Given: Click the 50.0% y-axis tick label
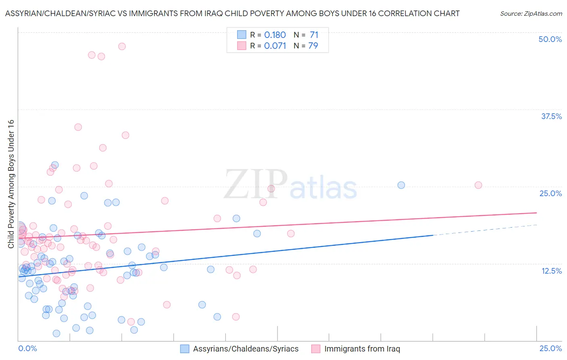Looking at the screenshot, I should click(x=550, y=39).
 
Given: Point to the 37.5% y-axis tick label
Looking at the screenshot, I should click(x=551, y=116).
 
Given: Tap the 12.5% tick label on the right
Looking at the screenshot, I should click(x=551, y=271).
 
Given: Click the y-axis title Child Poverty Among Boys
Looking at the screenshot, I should click(x=11, y=184).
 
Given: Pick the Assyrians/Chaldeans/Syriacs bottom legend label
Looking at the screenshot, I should click(x=246, y=349).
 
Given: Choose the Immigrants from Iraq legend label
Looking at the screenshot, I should click(x=362, y=349).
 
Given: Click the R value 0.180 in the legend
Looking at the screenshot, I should click(x=275, y=35).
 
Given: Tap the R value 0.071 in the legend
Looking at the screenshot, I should click(x=275, y=46).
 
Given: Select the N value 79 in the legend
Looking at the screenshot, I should click(x=313, y=46).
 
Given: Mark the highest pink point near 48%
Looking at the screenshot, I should click(x=122, y=46).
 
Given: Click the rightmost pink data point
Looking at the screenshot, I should click(x=478, y=185).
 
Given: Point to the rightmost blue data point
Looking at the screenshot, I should click(x=401, y=185).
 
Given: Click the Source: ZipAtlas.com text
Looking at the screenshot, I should click(x=531, y=14).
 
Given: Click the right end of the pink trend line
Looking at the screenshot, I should click(x=536, y=213).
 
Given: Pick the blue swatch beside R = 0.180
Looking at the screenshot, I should click(x=242, y=35).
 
